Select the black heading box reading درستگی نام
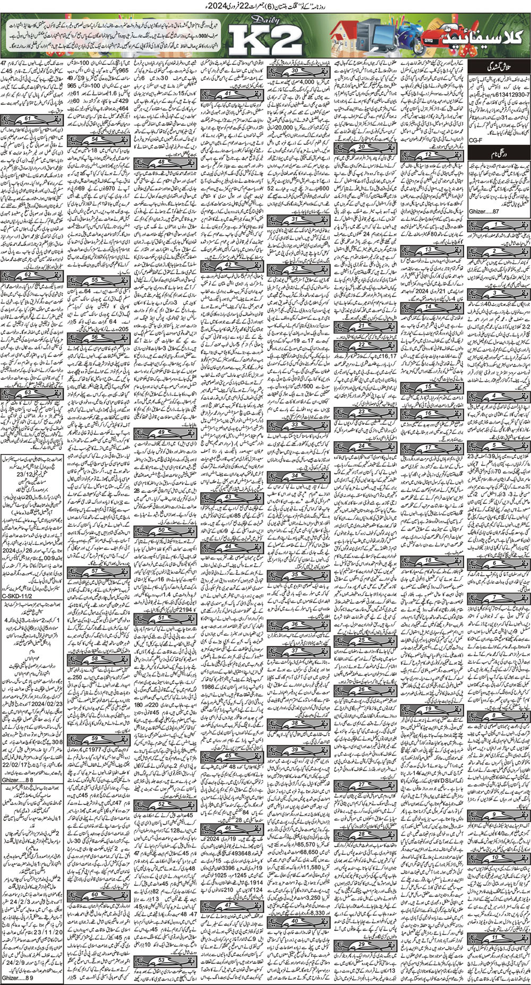tap(499, 155)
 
